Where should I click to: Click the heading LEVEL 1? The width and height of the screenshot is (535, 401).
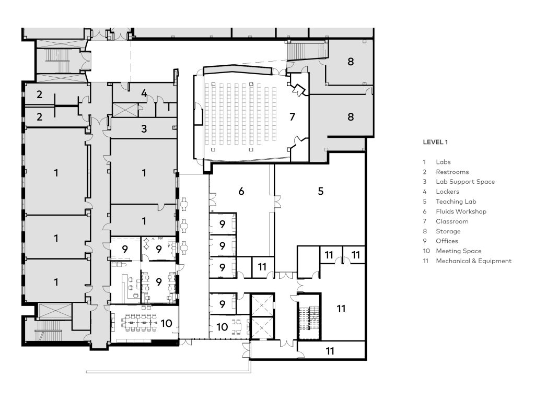435,141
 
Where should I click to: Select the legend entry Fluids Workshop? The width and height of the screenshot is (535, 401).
461,211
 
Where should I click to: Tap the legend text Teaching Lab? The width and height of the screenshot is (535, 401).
456,202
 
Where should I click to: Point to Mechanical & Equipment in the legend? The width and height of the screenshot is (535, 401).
473,261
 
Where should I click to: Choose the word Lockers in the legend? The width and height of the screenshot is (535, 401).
447,192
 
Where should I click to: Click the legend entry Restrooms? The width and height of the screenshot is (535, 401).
452,172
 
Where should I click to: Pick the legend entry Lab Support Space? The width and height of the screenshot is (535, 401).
465,182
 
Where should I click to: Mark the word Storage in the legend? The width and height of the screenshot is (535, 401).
448,231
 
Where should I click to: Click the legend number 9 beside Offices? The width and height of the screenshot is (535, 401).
425,241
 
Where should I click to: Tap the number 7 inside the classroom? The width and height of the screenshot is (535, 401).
292,117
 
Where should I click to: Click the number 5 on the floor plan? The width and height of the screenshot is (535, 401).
320,191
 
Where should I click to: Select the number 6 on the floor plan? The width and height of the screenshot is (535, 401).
241,191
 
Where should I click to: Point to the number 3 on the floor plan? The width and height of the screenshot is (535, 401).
144,128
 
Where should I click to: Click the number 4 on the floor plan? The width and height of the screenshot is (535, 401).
144,94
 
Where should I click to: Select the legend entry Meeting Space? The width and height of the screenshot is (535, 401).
458,251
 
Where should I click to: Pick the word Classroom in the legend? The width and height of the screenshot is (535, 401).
452,221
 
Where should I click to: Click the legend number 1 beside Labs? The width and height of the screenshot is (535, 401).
425,162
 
